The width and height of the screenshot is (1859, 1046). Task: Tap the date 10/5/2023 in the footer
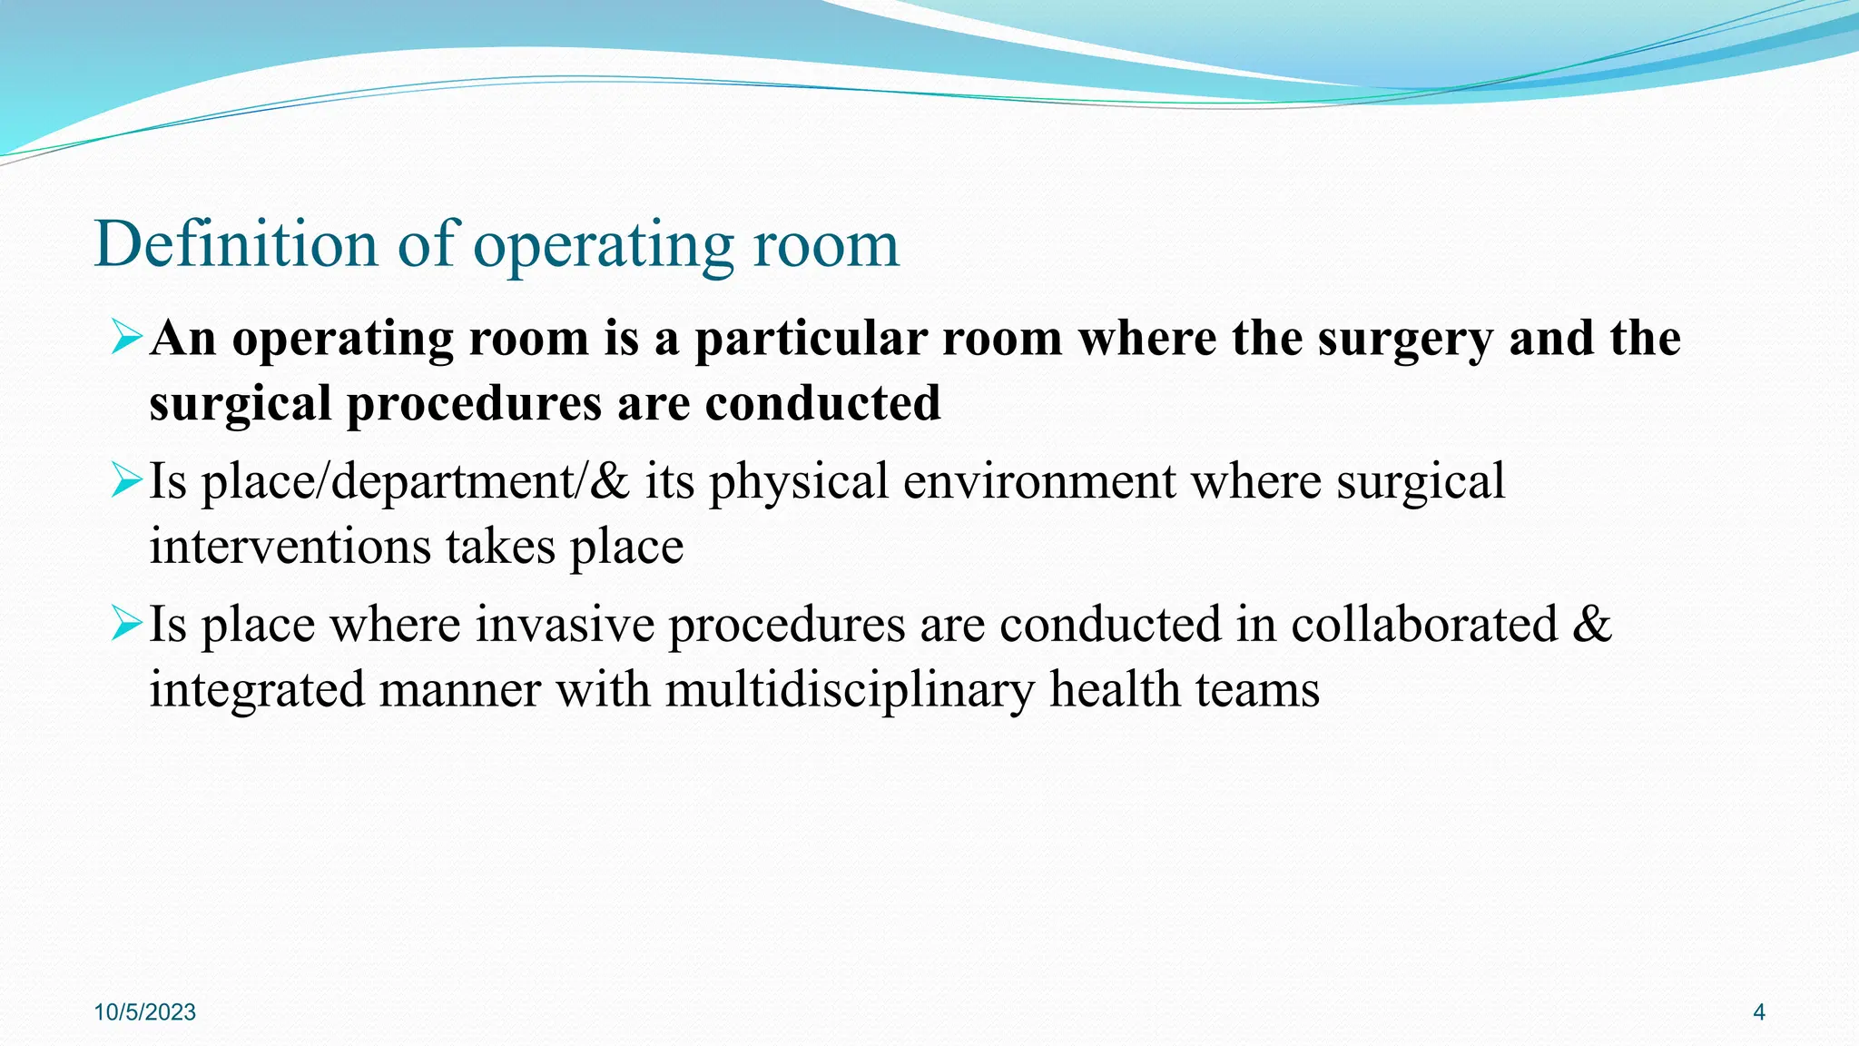pyautogui.click(x=145, y=1012)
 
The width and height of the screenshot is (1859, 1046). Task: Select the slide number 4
pyautogui.click(x=1758, y=1012)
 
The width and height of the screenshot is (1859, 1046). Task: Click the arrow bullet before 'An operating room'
pyautogui.click(x=126, y=337)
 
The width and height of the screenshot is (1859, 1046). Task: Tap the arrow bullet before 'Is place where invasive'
pyautogui.click(x=126, y=624)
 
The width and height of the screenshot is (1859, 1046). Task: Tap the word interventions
pyautogui.click(x=290, y=547)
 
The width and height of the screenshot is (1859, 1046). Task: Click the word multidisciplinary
pyautogui.click(x=850, y=690)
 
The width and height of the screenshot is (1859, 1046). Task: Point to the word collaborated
pyautogui.click(x=1424, y=625)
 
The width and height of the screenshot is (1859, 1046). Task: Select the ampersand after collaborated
pyautogui.click(x=1592, y=625)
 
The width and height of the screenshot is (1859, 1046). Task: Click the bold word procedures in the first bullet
pyautogui.click(x=474, y=405)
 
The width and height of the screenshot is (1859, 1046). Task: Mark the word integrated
pyautogui.click(x=256, y=690)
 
